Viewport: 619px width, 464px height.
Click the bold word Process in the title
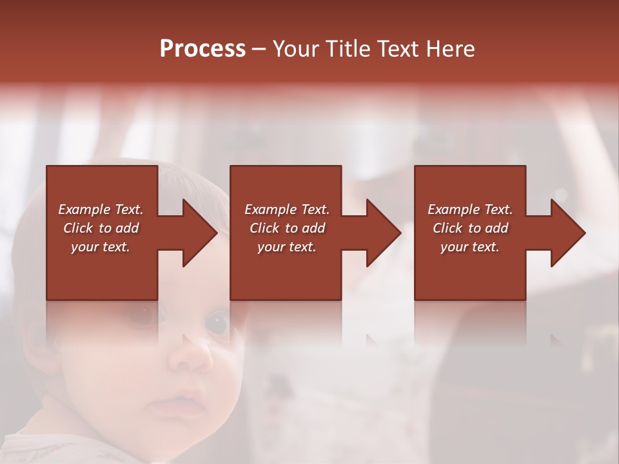(x=202, y=49)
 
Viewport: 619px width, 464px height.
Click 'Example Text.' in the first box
(x=101, y=209)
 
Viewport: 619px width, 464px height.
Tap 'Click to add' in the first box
(x=101, y=228)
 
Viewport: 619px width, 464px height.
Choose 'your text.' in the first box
(x=101, y=247)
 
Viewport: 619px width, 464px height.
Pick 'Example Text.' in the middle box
(x=286, y=209)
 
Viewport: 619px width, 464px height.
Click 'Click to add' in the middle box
(x=286, y=228)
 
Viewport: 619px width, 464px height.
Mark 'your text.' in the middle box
(x=286, y=247)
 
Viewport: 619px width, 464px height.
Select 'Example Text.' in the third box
(x=470, y=209)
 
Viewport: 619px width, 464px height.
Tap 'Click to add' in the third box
(x=470, y=228)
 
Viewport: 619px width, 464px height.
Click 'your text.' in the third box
(x=470, y=247)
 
